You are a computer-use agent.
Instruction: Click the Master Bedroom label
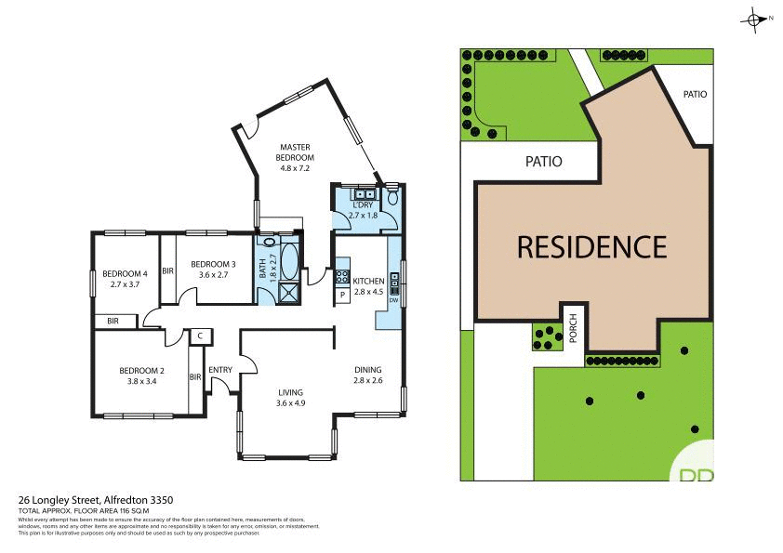[295, 157]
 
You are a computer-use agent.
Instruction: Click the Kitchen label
[368, 285]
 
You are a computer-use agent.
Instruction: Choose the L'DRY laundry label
[363, 210]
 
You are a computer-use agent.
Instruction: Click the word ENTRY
[220, 370]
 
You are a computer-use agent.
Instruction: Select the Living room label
[290, 397]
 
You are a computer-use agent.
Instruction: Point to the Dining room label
[368, 375]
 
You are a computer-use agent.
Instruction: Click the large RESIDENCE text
[591, 247]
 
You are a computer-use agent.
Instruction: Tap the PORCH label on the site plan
[574, 327]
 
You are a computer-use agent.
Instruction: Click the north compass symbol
[753, 19]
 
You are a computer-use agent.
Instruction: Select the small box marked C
[199, 336]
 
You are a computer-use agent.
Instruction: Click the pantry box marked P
[341, 295]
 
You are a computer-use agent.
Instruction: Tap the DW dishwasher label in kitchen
[393, 300]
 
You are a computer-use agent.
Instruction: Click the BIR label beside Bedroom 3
[168, 271]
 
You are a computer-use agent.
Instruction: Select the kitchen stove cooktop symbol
[341, 276]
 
